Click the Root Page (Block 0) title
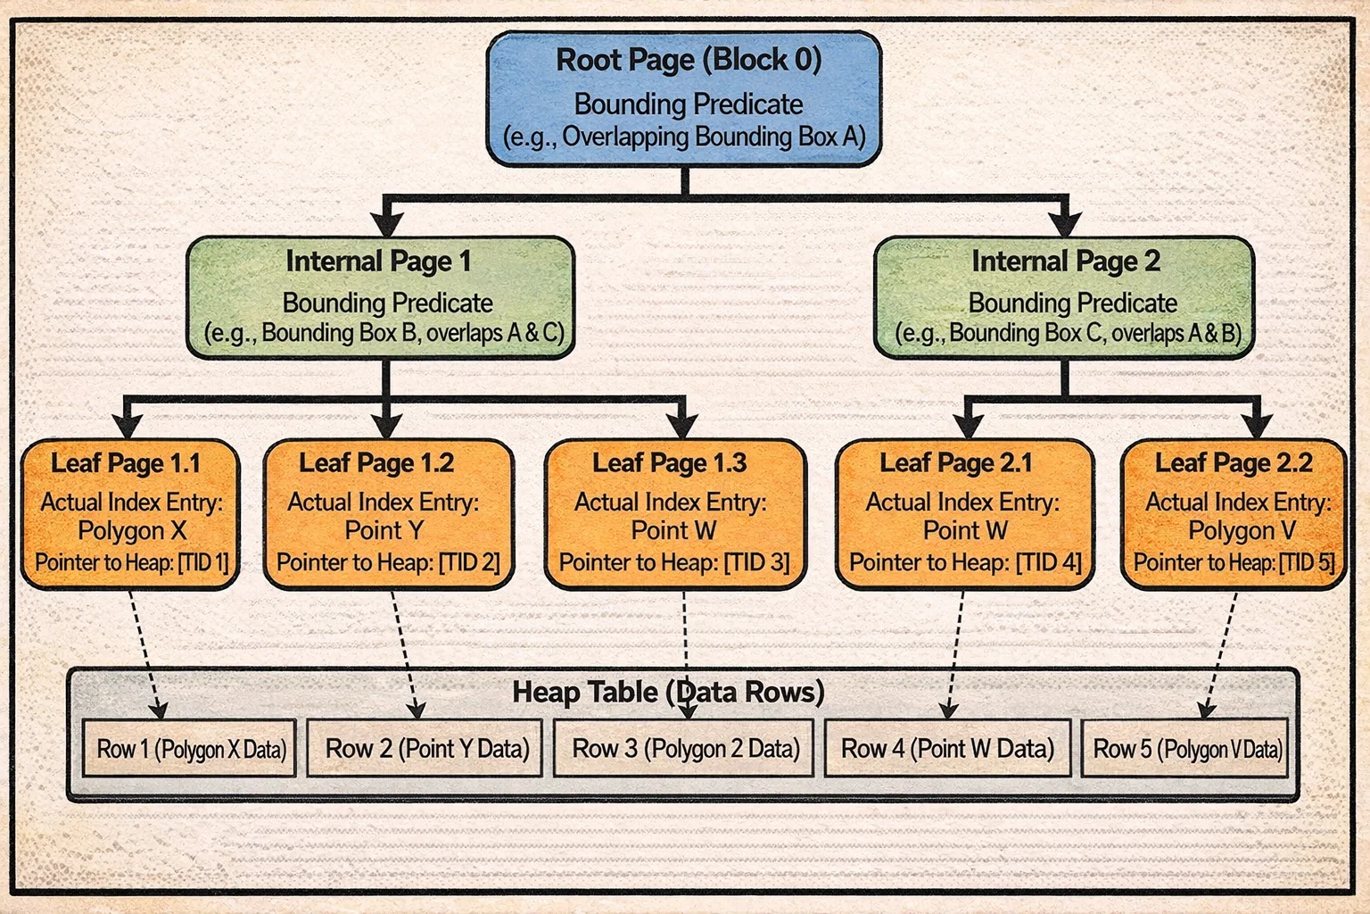point(688,61)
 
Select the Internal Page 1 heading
point(378,262)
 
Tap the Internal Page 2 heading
point(1065,262)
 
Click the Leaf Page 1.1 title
point(126,463)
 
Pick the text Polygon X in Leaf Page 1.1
point(132,531)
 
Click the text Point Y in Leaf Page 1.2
point(384,531)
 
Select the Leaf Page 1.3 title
point(669,463)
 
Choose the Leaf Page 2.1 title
point(955,463)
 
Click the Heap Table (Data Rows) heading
point(668,693)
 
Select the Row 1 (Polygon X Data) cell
point(190,749)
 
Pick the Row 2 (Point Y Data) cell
point(425,749)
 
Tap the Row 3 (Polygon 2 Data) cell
point(684,749)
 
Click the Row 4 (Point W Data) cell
point(947,749)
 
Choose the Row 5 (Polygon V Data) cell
point(1186,749)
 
